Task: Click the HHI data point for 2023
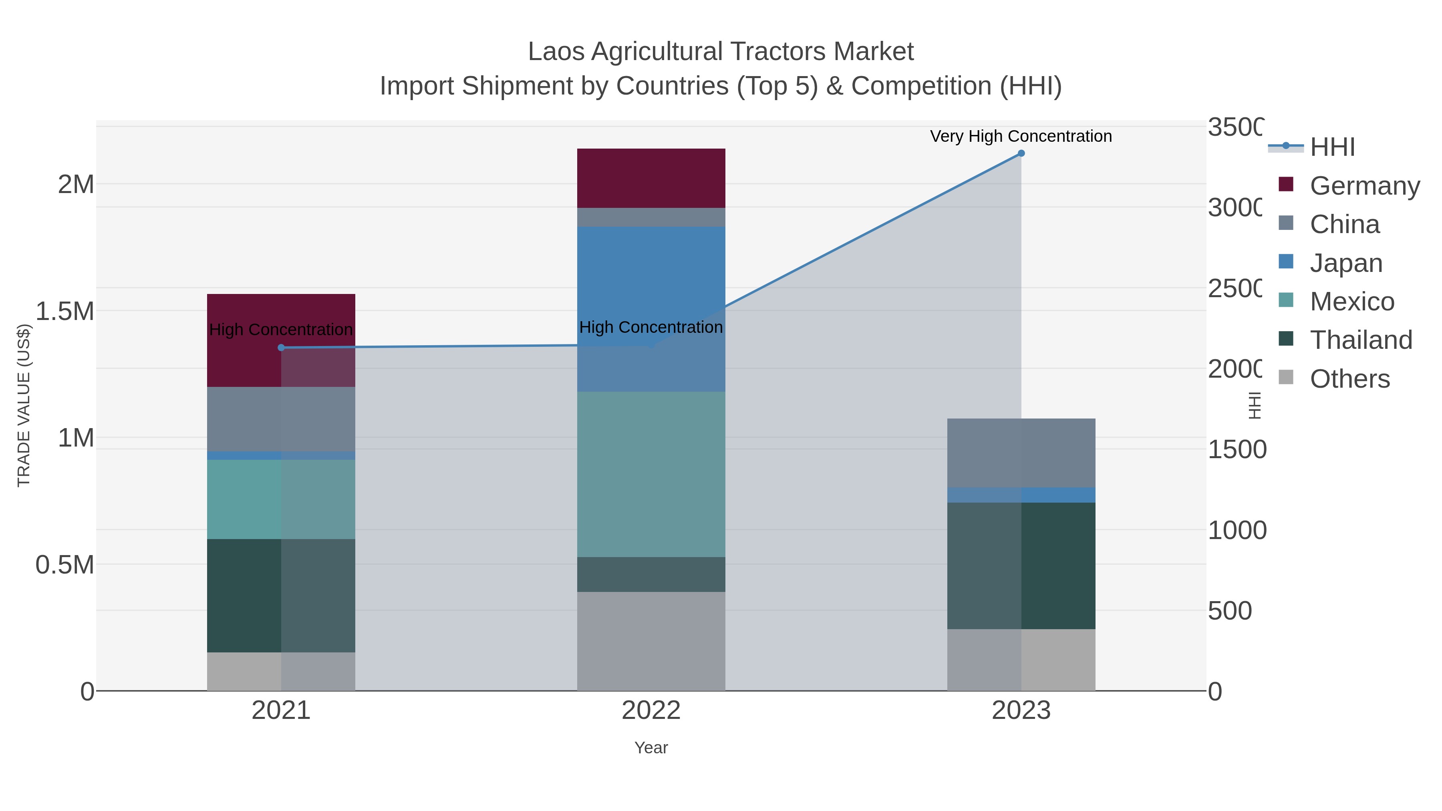(1021, 153)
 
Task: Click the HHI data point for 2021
(281, 348)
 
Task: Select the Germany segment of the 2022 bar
(651, 178)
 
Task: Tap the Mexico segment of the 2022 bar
(651, 474)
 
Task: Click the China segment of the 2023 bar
(1021, 453)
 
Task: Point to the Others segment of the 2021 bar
(281, 671)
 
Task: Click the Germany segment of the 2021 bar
(281, 340)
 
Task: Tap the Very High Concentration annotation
(1021, 137)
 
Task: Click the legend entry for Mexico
(1352, 302)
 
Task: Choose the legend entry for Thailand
(1361, 340)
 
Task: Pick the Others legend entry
(1349, 379)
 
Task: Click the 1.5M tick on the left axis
(65, 311)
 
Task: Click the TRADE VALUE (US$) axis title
(24, 405)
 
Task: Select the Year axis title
(651, 748)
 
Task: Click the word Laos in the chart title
(556, 52)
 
